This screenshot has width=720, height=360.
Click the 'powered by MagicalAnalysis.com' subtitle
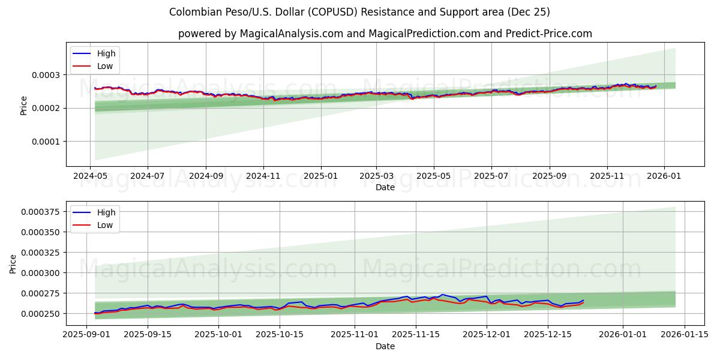click(385, 34)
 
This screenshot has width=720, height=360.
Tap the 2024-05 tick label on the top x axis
click(90, 177)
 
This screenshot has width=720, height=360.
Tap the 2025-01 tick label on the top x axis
click(320, 177)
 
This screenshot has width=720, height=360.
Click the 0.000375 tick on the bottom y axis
click(43, 211)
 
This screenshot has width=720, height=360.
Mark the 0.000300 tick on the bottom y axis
click(43, 273)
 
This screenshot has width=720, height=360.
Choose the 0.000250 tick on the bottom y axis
click(43, 314)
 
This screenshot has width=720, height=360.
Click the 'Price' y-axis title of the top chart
click(24, 105)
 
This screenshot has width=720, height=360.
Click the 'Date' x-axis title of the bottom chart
click(385, 346)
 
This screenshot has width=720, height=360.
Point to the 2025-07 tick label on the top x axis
click(491, 177)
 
